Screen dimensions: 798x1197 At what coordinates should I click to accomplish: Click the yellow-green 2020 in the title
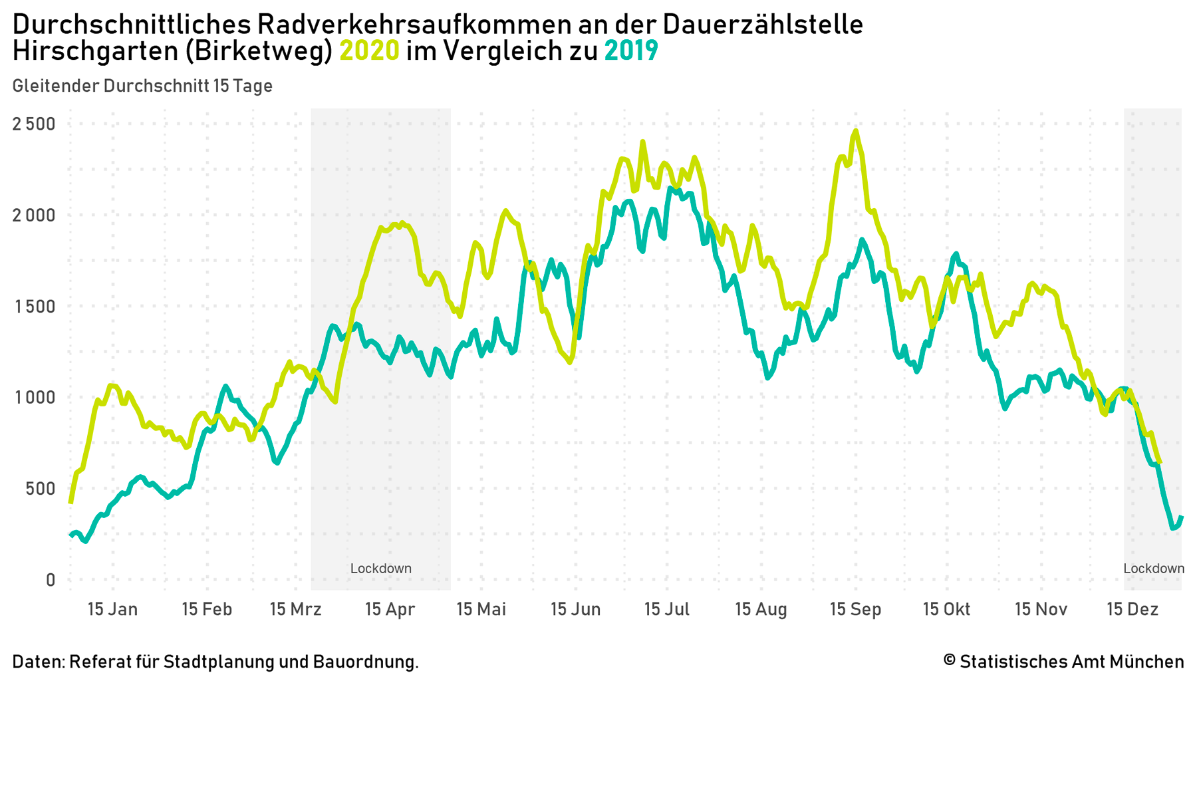point(370,51)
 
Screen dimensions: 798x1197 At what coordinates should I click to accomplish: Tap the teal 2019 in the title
point(631,51)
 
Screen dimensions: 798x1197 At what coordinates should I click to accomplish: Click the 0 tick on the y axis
point(51,580)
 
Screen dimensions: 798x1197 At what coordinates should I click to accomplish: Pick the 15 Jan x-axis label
point(113,609)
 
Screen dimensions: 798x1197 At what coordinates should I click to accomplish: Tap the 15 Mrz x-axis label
point(296,609)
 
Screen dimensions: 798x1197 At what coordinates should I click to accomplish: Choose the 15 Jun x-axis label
point(576,609)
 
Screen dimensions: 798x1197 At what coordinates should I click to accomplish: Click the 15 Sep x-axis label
point(856,609)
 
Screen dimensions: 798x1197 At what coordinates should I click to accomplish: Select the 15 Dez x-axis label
point(1132,609)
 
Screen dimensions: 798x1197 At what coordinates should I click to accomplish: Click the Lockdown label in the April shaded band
point(381,569)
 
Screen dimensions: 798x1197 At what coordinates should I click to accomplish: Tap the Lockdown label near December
point(1154,569)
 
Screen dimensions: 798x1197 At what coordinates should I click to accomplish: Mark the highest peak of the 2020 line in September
point(856,132)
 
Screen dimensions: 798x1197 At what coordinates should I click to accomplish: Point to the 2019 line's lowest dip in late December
point(1173,528)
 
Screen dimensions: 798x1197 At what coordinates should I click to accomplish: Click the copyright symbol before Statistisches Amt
point(950,661)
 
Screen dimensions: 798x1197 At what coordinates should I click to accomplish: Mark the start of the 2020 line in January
point(70,502)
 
